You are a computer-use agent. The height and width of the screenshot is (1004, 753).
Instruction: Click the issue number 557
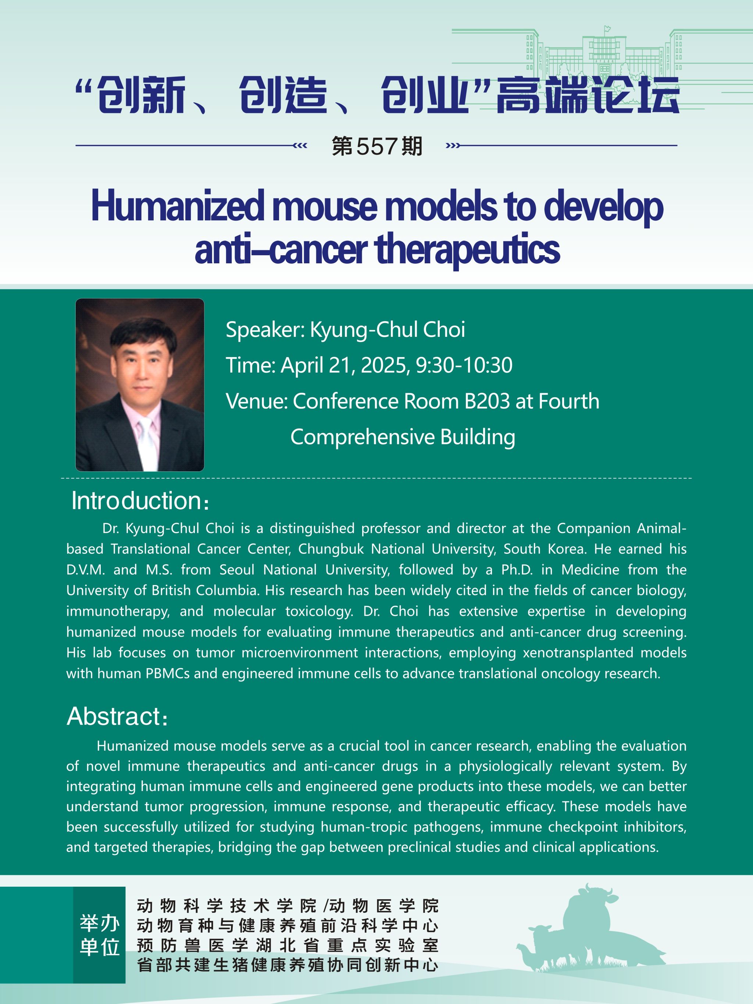coord(377,146)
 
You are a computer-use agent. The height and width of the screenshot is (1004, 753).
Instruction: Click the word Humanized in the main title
coord(178,207)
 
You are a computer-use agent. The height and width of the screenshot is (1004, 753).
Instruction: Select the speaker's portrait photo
coord(140,385)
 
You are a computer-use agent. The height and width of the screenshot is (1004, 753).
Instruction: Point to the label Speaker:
coord(265,330)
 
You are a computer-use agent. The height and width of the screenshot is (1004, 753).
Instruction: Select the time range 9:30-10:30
coord(464,366)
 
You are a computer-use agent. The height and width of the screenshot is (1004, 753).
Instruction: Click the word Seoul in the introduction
coord(237,570)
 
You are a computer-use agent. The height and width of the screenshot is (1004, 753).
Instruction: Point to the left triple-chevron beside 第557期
coord(300,146)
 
